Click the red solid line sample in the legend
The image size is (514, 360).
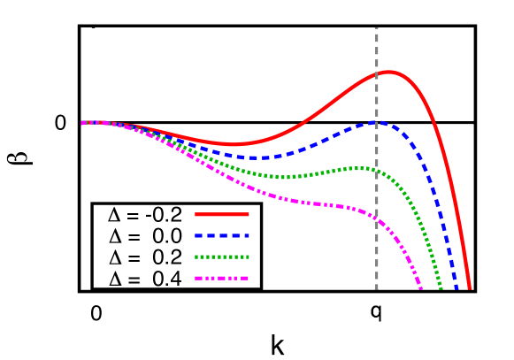[222, 214]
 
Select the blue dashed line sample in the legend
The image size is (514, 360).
[222, 236]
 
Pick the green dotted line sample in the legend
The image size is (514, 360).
[222, 257]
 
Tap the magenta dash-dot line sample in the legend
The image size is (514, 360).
[222, 279]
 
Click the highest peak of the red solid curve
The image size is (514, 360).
[388, 72]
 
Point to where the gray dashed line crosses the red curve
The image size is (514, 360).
[377, 73]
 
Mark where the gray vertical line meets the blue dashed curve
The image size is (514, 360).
[377, 122]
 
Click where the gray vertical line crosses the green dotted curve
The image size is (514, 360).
[377, 170]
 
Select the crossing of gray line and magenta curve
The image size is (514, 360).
[377, 218]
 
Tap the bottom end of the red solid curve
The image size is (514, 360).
[470, 288]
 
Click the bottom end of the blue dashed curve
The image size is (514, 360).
[456, 288]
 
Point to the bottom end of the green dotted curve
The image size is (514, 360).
[441, 288]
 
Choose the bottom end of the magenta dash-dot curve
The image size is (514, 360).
[421, 288]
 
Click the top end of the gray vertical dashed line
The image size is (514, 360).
[377, 28]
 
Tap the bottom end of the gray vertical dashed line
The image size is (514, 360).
[377, 288]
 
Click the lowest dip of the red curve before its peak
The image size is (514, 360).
[235, 143]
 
